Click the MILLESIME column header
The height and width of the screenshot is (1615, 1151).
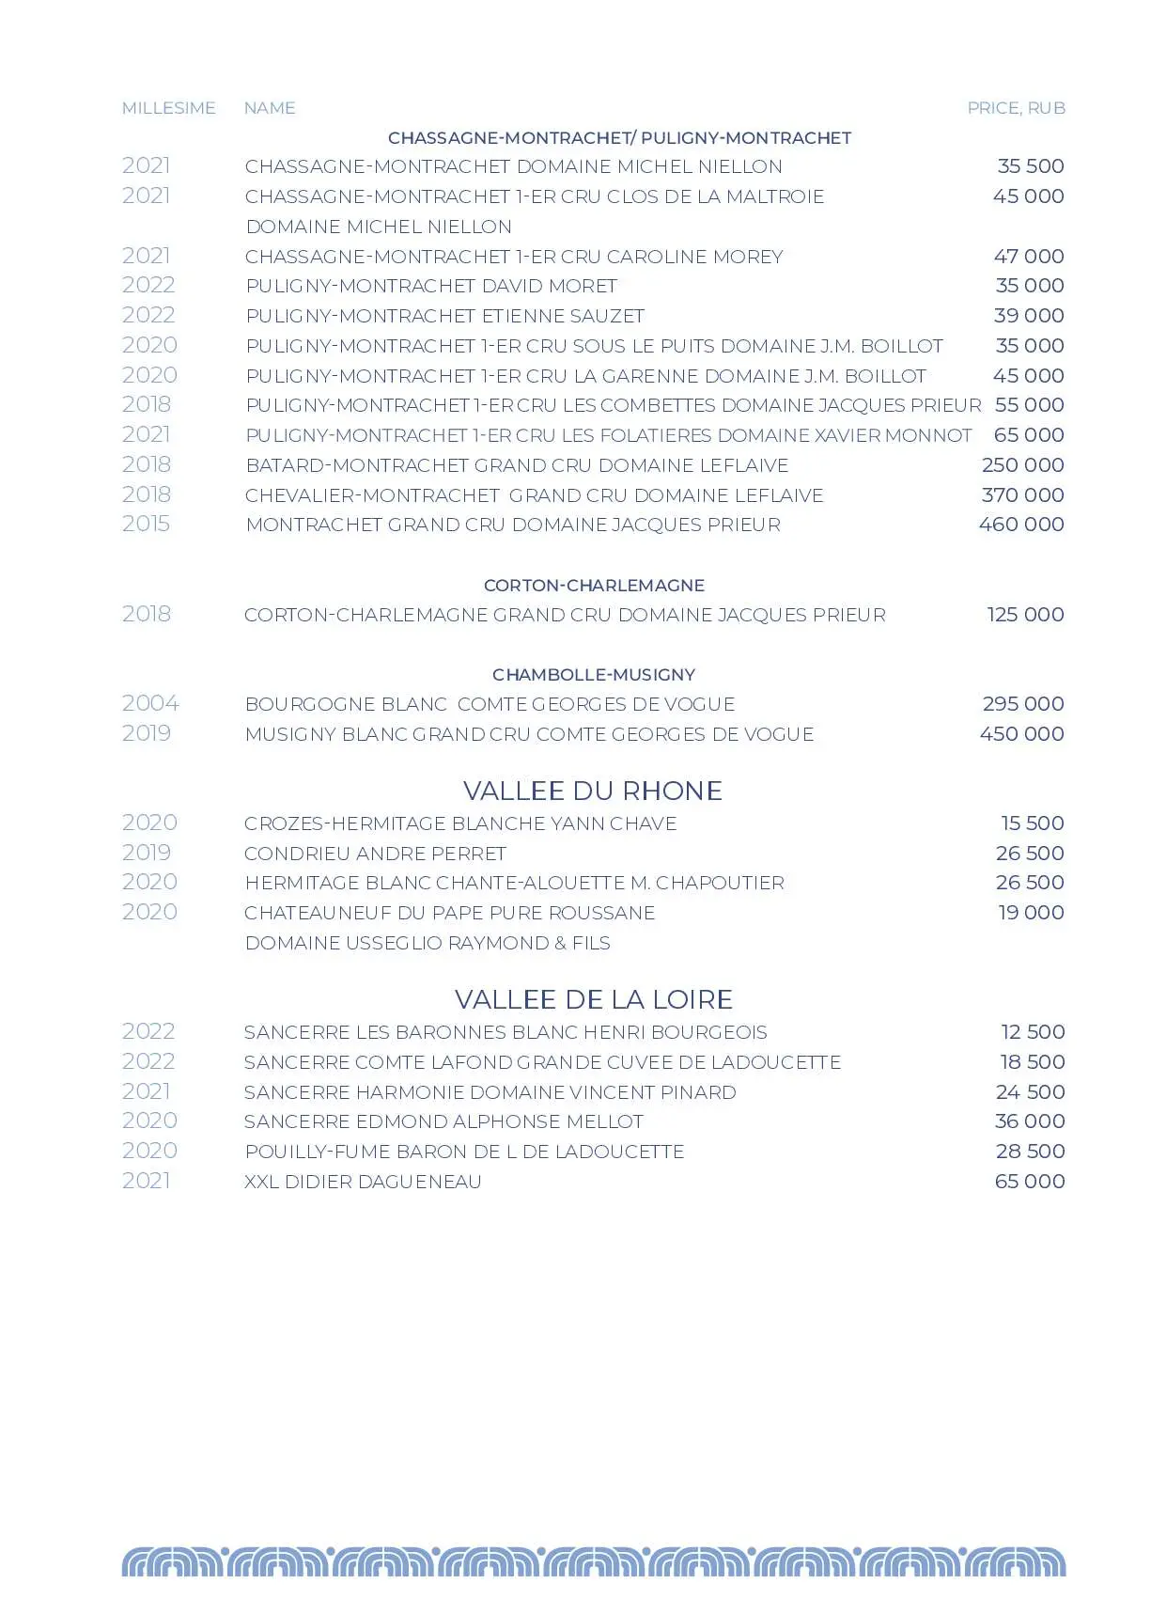coord(168,108)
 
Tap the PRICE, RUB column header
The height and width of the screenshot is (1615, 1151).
coord(1016,108)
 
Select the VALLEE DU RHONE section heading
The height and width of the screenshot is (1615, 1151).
coord(593,791)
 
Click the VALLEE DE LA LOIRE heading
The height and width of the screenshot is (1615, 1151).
coord(593,999)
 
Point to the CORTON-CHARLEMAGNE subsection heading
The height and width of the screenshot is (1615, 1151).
coord(594,586)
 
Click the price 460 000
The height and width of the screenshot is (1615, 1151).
coord(1021,525)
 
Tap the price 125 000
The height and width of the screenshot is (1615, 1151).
coord(1025,615)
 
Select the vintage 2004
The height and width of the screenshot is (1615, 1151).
coord(150,703)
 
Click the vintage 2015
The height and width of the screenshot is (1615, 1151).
coord(147,524)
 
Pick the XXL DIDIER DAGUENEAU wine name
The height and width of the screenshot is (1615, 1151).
coord(363,1182)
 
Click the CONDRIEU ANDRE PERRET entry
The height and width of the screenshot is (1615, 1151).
coord(375,854)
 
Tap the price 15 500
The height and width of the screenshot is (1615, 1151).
coord(1032,823)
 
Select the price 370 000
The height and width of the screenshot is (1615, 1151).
coord(1022,495)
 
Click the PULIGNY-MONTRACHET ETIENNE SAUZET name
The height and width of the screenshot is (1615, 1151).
coord(444,316)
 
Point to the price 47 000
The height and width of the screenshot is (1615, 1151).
coord(1029,257)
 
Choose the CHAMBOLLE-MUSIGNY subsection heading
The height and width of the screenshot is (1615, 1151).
coord(594,675)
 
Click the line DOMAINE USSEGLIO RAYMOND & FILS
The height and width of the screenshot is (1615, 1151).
coord(428,943)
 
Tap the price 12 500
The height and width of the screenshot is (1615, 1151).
coord(1033,1032)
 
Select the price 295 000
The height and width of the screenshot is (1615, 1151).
coord(1022,704)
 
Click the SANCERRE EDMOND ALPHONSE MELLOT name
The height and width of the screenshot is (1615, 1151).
coord(443,1121)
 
